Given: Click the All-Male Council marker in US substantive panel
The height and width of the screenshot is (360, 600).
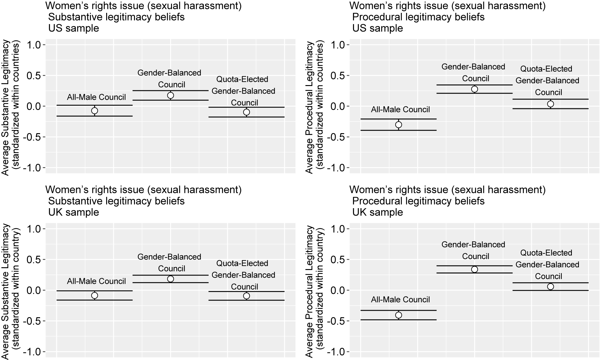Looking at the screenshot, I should [95, 111].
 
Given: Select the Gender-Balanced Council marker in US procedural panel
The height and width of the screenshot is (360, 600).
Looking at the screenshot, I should [475, 89].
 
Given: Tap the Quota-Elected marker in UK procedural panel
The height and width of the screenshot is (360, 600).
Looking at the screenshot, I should [550, 287].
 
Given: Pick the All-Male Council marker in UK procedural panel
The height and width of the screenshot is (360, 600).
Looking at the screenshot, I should [398, 315].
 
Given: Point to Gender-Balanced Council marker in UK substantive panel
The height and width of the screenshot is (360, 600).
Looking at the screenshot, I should [170, 279].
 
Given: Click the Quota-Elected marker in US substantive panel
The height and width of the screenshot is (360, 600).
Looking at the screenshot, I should [247, 112].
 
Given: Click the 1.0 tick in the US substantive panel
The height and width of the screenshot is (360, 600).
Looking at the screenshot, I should [34, 45].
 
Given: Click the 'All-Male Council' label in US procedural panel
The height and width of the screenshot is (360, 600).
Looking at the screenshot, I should [400, 110].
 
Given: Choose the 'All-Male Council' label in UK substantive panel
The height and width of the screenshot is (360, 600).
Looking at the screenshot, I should [96, 281].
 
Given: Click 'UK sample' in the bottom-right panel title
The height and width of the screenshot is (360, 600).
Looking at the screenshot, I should [378, 212].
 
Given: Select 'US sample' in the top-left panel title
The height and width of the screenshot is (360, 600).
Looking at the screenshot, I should [74, 28].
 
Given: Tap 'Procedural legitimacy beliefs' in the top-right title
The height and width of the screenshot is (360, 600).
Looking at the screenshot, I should [418, 17].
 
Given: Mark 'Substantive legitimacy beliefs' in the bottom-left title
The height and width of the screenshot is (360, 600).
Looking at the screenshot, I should [116, 201].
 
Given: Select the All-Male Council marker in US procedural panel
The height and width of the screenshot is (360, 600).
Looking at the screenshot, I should [398, 125].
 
